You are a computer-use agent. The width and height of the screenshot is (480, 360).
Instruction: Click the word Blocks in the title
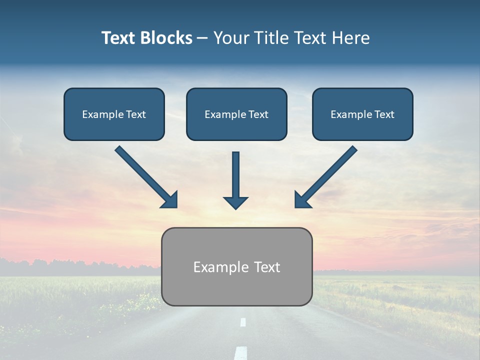166,38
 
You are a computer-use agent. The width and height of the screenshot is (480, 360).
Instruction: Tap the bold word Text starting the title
119,38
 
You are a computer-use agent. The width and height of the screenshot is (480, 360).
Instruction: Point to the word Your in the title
230,38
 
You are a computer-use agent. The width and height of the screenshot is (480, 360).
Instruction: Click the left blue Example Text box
114,114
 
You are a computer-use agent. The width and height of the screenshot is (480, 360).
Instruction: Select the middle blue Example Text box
236,114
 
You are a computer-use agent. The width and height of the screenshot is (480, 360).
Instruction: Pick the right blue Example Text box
362,114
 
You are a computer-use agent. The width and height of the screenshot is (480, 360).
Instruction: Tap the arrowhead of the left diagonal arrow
170,200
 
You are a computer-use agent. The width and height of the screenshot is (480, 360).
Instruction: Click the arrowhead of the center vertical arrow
235,203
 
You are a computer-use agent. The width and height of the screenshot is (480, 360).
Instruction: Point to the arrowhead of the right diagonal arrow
302,200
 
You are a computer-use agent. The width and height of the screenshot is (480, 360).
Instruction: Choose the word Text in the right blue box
384,114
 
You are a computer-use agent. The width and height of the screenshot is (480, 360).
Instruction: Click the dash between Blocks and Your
202,38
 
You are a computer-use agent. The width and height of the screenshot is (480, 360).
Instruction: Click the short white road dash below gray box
243,322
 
